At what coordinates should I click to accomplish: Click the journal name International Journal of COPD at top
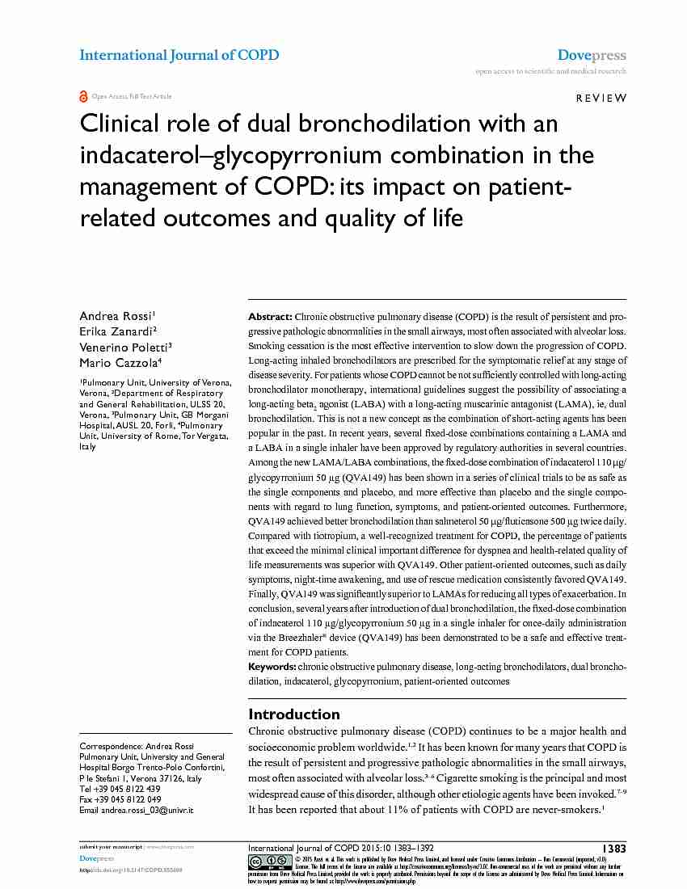[179, 55]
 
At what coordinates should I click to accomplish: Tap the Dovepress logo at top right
[592, 55]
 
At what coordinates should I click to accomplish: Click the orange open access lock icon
[83, 96]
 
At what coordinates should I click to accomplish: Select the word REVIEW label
[601, 98]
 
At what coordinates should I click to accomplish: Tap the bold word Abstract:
[271, 317]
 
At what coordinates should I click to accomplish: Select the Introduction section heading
[294, 714]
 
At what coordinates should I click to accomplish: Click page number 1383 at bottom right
[614, 849]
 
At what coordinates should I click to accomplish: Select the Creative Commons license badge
[270, 862]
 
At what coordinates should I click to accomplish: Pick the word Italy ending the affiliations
[87, 446]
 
